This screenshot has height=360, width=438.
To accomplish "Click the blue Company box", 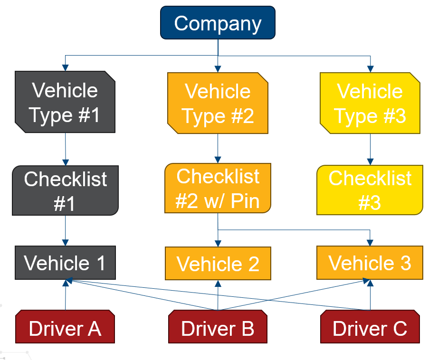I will point(218,23).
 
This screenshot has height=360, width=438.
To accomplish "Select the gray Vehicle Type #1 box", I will point(65,102).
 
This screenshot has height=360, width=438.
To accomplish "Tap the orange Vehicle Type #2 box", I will point(218,103).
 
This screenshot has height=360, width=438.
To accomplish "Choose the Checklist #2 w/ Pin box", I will point(218,188).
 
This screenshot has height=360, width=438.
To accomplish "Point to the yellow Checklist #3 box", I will point(370,190).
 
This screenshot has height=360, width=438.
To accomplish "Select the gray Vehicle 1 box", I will point(65,263).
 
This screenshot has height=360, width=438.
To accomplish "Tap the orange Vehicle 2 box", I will point(218,264).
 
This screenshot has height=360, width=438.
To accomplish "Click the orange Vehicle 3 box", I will point(370,263).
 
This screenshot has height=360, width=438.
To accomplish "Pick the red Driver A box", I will point(65,327).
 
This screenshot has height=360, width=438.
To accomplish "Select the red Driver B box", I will point(218,328).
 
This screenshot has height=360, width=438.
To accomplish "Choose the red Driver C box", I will point(370,327).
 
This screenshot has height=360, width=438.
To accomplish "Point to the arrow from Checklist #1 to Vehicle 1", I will point(65,231).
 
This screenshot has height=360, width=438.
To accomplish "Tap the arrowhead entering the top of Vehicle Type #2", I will point(218,68).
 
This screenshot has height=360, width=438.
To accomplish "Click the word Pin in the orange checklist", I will point(245,201).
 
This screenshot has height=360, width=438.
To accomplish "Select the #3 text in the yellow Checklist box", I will point(370,203).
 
